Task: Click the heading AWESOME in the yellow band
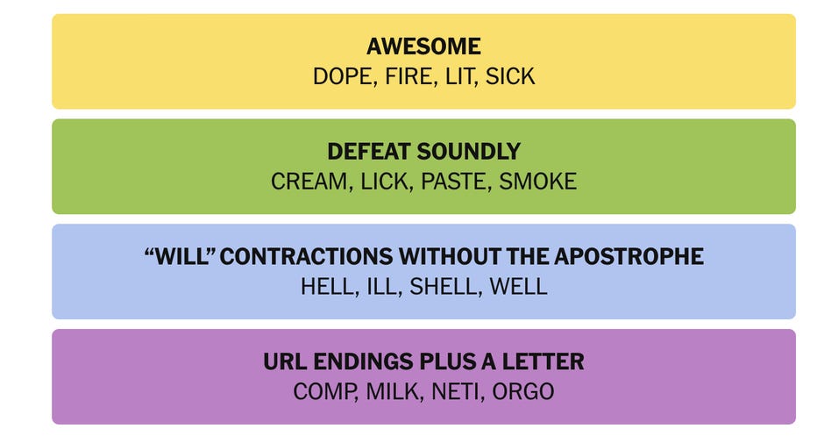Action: click(x=423, y=46)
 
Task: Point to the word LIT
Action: click(x=459, y=76)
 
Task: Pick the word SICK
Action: click(x=510, y=76)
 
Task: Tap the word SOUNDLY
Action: click(x=471, y=152)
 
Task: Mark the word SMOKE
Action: click(x=537, y=182)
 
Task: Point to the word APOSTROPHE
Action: click(x=629, y=257)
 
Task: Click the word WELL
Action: click(x=518, y=287)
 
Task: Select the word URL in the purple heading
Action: click(x=286, y=362)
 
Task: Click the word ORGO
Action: click(x=522, y=392)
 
